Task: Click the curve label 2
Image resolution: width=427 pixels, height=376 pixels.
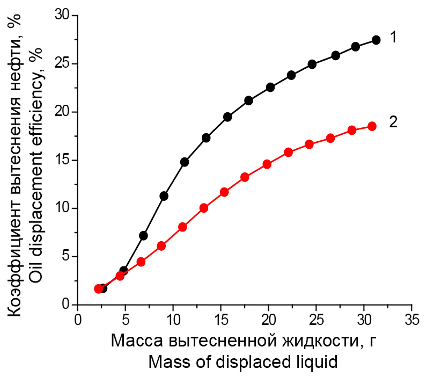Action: pos(393,122)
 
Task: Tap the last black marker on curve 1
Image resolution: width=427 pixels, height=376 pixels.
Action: pos(376,40)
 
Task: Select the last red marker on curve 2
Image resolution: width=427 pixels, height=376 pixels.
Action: pos(372,126)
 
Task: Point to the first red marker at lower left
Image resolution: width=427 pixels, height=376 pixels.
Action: pos(98,289)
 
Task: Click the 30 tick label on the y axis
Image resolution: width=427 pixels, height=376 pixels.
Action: pos(63,16)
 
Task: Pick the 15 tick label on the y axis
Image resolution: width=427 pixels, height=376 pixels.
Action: pos(63,160)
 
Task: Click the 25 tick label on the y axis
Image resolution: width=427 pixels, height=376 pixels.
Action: pos(63,64)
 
